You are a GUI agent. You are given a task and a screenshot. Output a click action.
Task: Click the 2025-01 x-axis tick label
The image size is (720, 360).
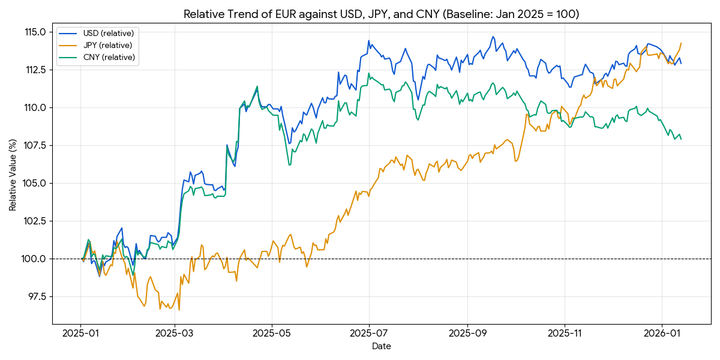coord(80,332)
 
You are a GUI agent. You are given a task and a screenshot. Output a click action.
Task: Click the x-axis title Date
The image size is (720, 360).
coord(381,346)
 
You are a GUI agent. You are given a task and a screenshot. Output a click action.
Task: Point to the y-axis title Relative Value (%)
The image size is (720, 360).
coord(13,174)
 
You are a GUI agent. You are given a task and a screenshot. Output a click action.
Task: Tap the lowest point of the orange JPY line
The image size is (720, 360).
coord(179,310)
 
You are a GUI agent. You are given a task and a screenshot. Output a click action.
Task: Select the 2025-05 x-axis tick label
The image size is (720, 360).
coord(272,332)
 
